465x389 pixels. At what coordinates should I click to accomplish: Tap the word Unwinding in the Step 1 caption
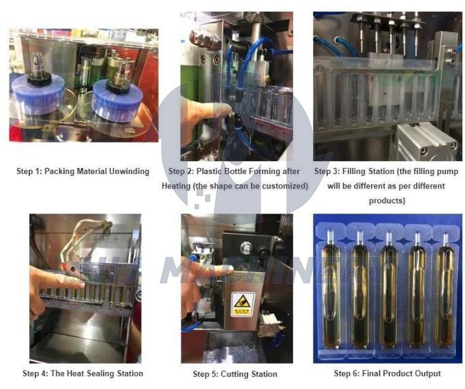pyautogui.click(x=127, y=171)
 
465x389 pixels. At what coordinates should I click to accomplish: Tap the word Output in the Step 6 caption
pyautogui.click(x=425, y=373)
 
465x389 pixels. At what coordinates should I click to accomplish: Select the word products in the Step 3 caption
pyautogui.click(x=387, y=201)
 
